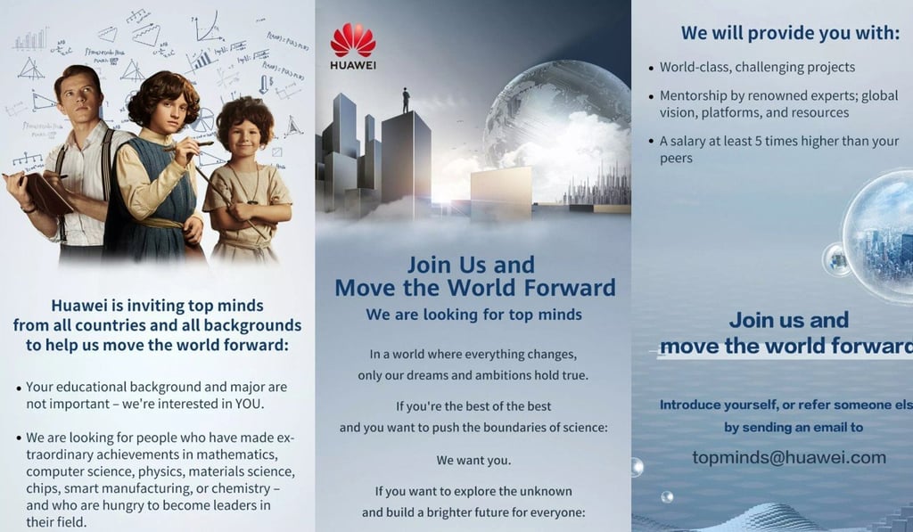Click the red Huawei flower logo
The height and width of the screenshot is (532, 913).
point(352,40)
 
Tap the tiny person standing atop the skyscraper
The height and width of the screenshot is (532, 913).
point(407,99)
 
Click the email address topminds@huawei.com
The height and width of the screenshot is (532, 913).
point(789,458)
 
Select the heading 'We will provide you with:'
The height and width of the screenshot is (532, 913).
point(790,33)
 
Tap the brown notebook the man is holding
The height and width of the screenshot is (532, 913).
point(40,192)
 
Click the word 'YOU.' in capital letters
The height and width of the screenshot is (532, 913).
point(249,404)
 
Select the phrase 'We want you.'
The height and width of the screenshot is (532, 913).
point(473,461)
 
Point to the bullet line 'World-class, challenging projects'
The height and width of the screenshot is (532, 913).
point(757,67)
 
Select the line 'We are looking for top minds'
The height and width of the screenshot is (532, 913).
point(473,315)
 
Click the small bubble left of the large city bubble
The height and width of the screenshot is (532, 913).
point(836,259)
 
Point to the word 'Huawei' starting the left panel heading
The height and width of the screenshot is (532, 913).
point(81,306)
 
